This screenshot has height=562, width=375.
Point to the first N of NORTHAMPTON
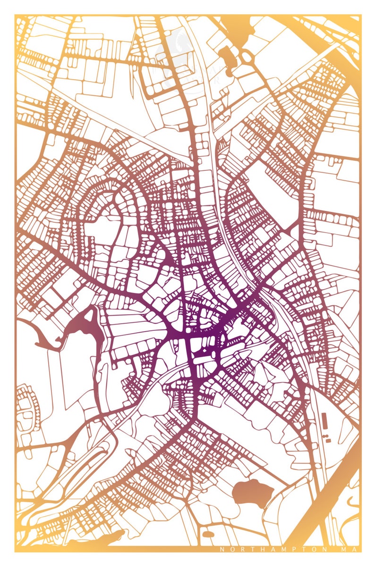point(222,549)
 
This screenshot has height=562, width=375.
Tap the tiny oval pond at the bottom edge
point(208,535)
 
